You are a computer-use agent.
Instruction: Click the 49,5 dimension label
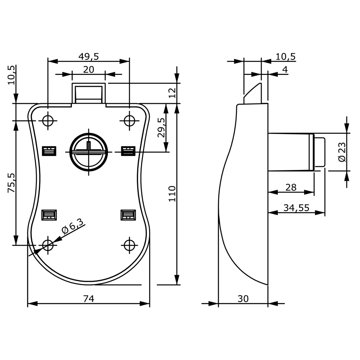click(89, 56)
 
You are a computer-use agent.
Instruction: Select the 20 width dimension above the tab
click(89, 70)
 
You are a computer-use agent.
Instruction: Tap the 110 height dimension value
click(172, 194)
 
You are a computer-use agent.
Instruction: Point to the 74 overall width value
click(89, 299)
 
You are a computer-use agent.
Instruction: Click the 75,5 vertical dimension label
click(11, 182)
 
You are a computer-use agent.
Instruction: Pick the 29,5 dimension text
click(162, 128)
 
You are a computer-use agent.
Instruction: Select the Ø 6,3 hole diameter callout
click(72, 226)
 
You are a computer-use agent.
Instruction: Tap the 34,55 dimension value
click(296, 208)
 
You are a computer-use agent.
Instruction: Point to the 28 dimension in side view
click(291, 188)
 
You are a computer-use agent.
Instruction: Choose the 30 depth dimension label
click(243, 299)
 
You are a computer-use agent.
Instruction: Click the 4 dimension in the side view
click(285, 70)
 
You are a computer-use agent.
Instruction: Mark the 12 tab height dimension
click(172, 93)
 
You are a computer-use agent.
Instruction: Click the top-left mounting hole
click(48, 120)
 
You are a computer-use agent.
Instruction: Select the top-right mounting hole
click(130, 120)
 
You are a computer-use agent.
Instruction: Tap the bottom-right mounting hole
click(130, 245)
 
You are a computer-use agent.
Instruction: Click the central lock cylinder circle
click(89, 152)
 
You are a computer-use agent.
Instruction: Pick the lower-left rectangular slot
click(49, 215)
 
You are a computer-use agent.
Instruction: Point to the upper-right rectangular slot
click(128, 151)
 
